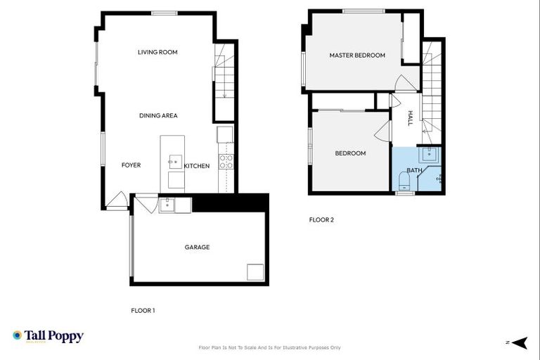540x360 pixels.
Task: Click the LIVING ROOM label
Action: pos(157,52)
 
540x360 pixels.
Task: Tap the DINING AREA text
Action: pos(158,115)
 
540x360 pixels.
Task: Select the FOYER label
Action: pos(131,165)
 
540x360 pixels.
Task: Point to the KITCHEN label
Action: pos(197,166)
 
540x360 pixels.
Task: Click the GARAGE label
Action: pos(197,247)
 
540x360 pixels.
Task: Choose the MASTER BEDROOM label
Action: pos(357,56)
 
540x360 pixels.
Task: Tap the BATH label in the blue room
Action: pos(414,170)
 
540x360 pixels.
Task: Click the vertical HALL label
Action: pos(411,120)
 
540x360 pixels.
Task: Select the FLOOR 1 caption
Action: pos(143,310)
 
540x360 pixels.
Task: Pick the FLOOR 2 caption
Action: pos(321,219)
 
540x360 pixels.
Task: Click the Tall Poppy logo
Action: pos(48,336)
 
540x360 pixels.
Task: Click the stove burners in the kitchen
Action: pos(226,161)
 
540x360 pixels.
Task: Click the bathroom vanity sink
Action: pos(429,155)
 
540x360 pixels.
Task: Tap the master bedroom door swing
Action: pos(406,82)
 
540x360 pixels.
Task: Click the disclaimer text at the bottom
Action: pos(270,347)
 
